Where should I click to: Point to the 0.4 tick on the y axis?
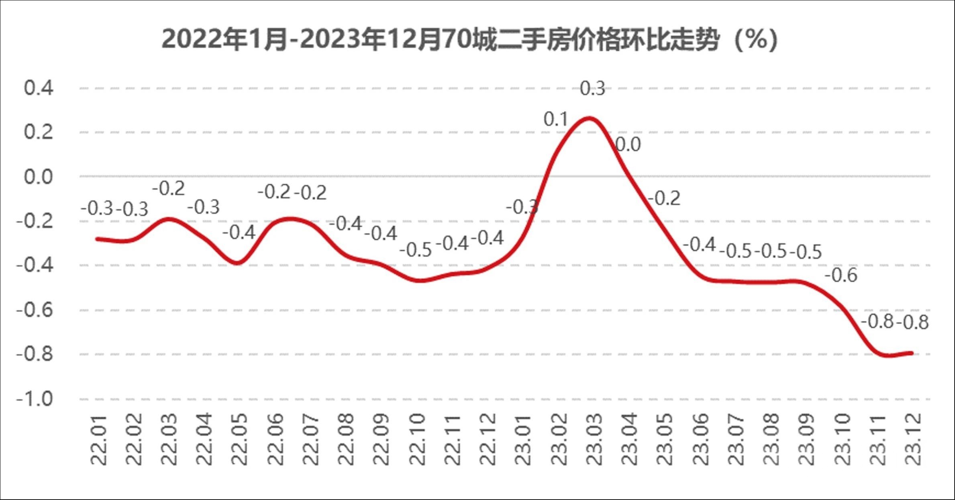tap(39, 88)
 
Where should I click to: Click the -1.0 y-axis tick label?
tap(35, 399)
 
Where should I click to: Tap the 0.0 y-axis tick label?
tap(39, 177)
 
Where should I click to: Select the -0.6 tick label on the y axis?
tap(35, 310)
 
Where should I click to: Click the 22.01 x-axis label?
tap(98, 440)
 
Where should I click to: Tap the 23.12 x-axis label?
tap(914, 440)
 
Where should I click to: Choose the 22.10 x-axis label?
tap(417, 440)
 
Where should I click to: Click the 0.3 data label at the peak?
tap(592, 89)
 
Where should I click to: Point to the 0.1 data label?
tap(556, 120)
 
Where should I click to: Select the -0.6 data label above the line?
tap(841, 276)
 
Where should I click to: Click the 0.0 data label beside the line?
tap(628, 145)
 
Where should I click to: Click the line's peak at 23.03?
tap(589, 118)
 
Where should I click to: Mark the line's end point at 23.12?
tap(912, 353)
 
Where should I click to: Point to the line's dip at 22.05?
tap(237, 263)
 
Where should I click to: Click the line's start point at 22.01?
tap(98, 239)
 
